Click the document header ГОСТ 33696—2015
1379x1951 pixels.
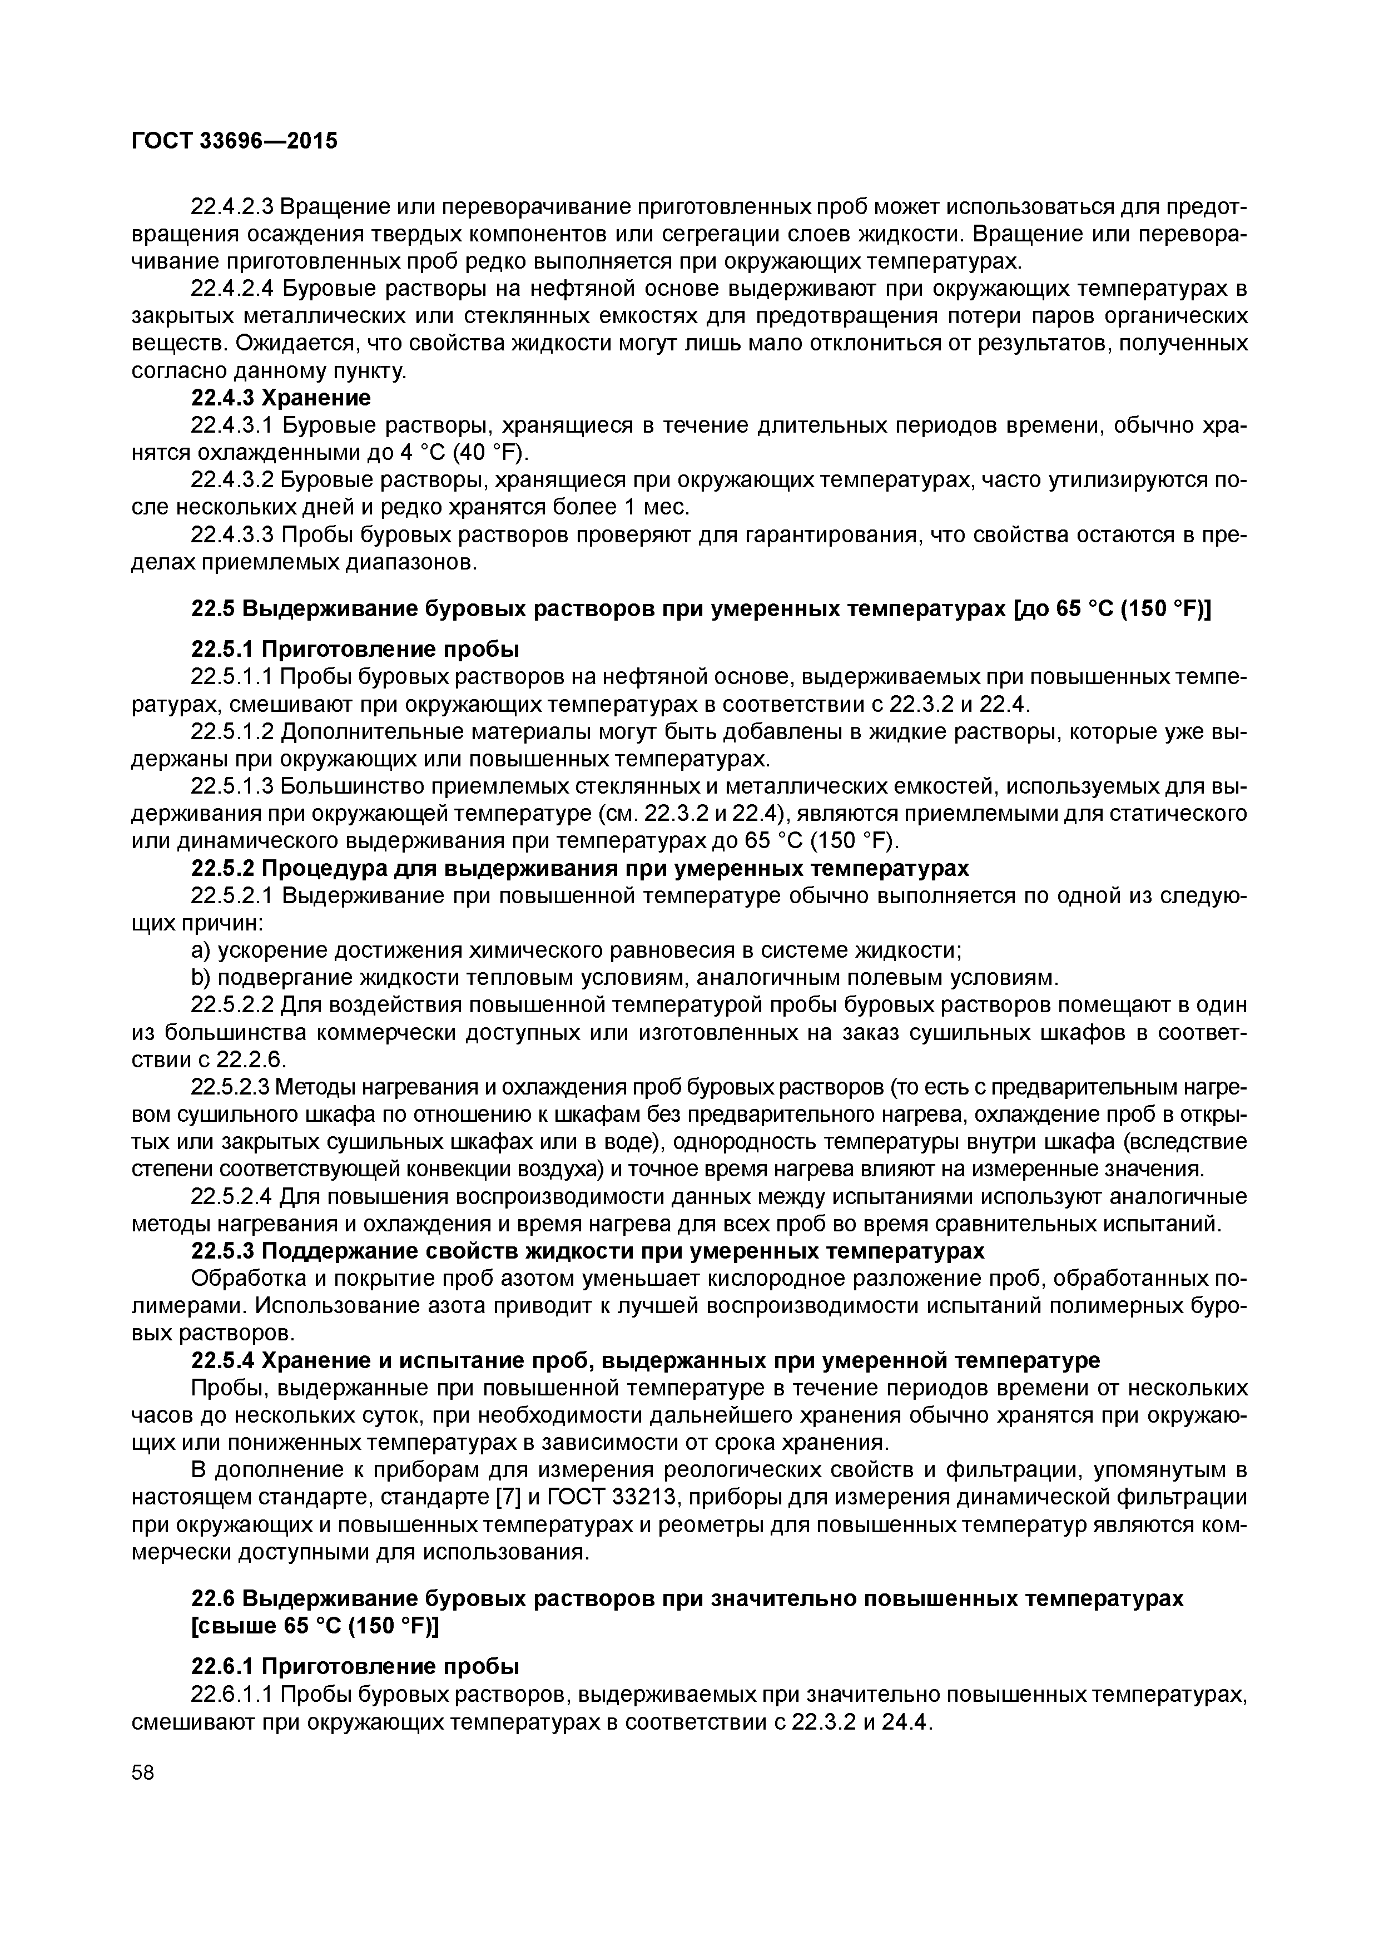[x=235, y=140]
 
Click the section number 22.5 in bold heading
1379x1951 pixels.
[x=214, y=609]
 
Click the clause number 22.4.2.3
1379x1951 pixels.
[x=232, y=206]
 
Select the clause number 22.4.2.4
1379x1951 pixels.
[x=232, y=289]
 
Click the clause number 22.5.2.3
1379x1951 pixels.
[x=232, y=1087]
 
